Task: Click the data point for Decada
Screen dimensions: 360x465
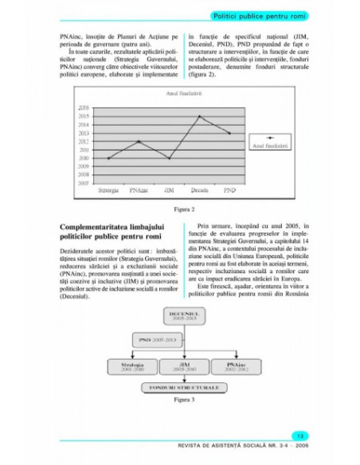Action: coord(199,116)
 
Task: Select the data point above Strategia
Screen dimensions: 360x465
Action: coord(108,158)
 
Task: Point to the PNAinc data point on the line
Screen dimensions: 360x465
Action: coord(139,141)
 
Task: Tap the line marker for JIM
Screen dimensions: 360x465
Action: coord(169,158)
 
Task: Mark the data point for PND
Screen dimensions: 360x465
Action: coord(230,133)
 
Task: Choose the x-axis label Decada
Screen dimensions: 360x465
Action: coord(199,191)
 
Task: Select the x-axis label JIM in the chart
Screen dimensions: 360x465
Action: coord(169,191)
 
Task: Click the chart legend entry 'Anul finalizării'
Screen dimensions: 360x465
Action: coord(270,146)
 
